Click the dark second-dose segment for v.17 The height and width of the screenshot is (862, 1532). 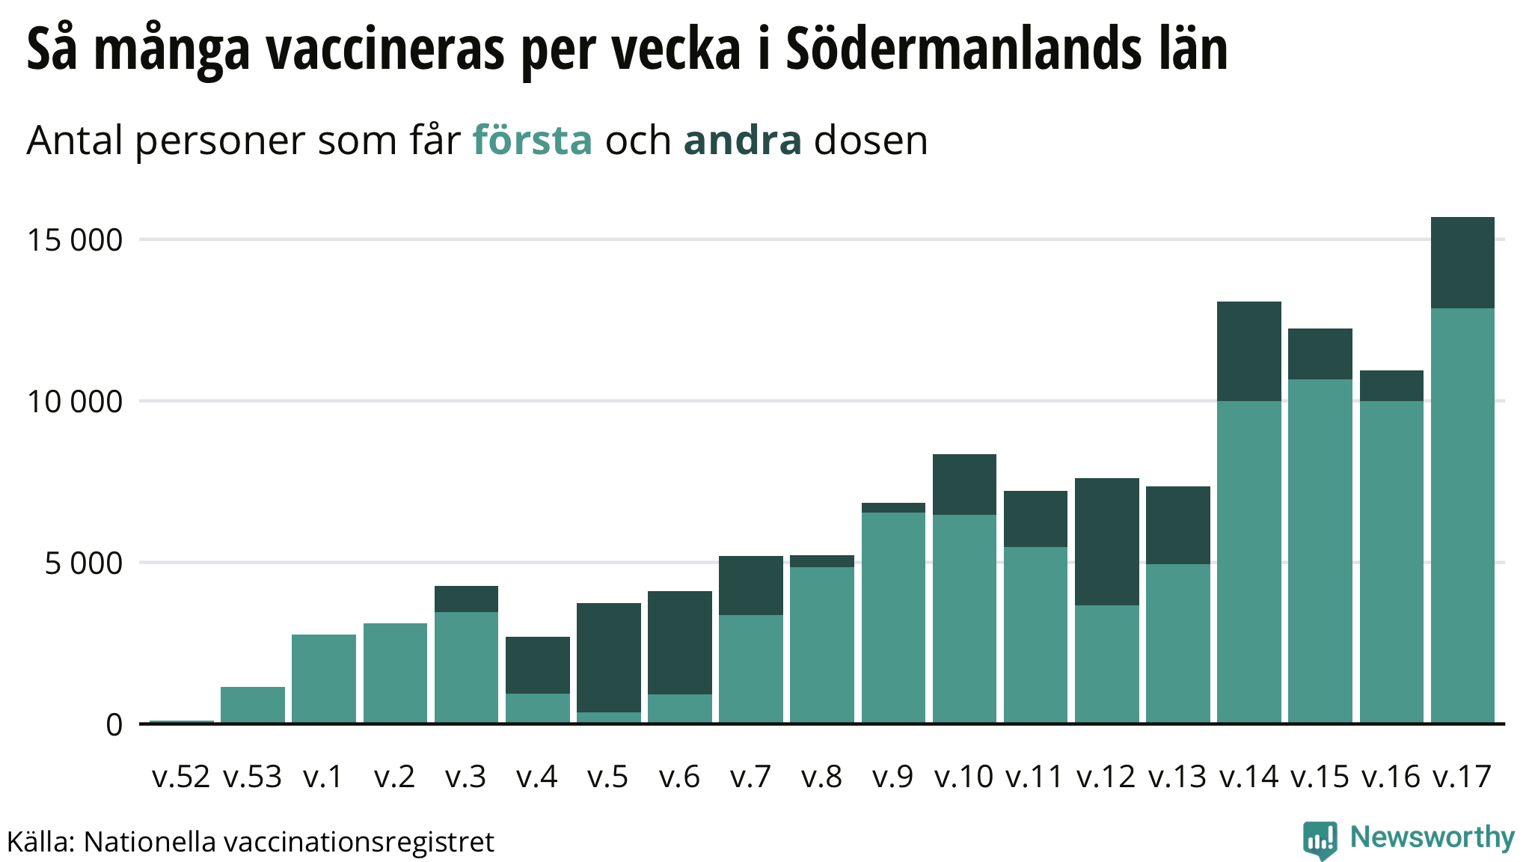[1462, 263]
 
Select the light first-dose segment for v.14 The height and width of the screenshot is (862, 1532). [1248, 561]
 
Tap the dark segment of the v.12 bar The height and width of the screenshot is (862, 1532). [1106, 542]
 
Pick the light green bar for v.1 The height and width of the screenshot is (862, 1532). [323, 678]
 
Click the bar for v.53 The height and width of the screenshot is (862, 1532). [252, 704]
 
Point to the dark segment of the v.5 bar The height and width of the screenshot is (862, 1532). [608, 657]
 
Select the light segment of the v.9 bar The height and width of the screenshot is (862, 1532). [893, 617]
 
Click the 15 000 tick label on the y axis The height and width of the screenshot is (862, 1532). [74, 240]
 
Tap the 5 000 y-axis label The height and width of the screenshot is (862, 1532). [83, 563]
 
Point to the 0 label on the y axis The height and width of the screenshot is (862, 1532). [114, 724]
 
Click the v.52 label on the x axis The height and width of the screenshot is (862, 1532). [181, 777]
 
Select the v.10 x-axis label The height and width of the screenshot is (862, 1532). [963, 777]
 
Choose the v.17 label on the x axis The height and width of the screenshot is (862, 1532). [1462, 777]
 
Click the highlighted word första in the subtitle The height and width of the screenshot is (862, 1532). [532, 140]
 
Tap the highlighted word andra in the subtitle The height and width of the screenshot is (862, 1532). [742, 140]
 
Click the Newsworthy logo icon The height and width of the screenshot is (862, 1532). [1320, 840]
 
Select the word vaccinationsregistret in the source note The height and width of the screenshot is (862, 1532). [359, 843]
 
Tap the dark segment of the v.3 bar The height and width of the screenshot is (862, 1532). [466, 599]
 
